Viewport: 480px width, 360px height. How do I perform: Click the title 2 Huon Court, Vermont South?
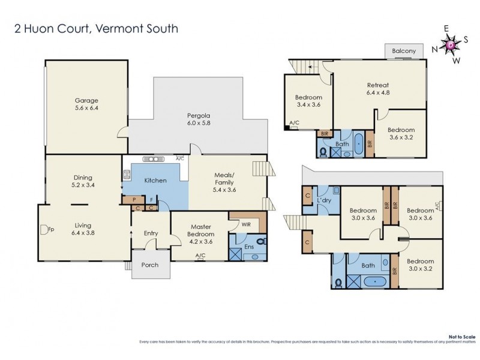[x=96, y=28]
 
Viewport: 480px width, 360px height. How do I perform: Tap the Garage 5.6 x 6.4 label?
[x=86, y=104]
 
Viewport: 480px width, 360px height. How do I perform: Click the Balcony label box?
[x=403, y=51]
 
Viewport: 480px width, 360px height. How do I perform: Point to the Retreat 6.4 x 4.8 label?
[x=378, y=89]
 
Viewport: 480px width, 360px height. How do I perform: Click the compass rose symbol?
[x=450, y=44]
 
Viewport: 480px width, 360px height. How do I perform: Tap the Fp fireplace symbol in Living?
[x=44, y=229]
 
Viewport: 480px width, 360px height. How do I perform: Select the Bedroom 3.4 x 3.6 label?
[x=308, y=101]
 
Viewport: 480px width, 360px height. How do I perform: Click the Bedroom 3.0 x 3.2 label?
[x=420, y=265]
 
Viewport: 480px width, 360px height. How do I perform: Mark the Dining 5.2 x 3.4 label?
[x=83, y=181]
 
